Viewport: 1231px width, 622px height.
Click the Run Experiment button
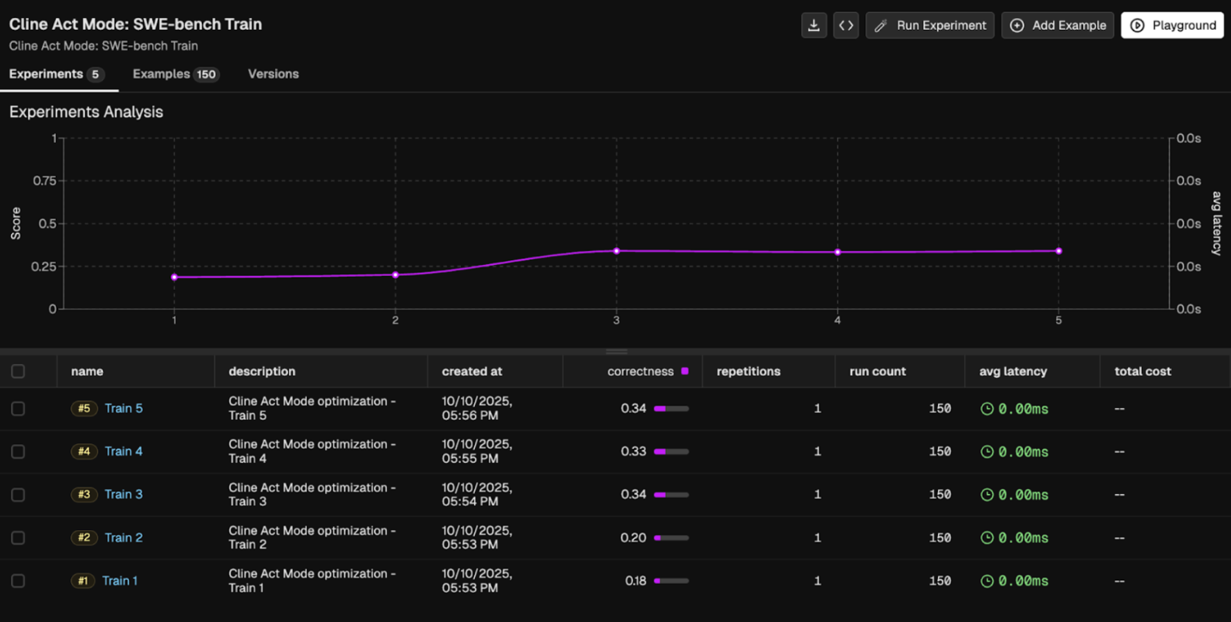click(x=930, y=26)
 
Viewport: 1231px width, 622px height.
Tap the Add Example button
click(x=1058, y=26)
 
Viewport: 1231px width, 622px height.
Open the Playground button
click(x=1172, y=26)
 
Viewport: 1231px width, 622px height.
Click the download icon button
click(x=814, y=26)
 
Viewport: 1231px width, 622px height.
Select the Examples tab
click(x=176, y=74)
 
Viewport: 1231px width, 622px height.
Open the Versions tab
click(x=273, y=74)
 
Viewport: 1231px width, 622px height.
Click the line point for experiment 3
click(x=617, y=251)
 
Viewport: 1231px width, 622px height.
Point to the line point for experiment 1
click(x=174, y=277)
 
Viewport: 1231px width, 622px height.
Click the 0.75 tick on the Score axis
click(x=44, y=181)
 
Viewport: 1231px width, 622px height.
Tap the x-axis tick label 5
click(x=1058, y=320)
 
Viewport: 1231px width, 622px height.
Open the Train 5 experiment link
click(x=124, y=408)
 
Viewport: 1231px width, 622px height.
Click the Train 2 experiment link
click(x=124, y=538)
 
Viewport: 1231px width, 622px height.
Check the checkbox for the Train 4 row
click(x=18, y=452)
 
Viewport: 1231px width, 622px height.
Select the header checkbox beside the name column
click(x=18, y=372)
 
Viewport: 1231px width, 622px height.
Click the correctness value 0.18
click(x=635, y=580)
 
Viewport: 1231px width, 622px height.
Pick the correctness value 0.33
click(x=633, y=451)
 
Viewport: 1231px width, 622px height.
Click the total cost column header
click(x=1143, y=372)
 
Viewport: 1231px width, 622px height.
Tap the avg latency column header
click(x=1013, y=372)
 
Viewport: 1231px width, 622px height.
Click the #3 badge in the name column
click(x=84, y=495)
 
